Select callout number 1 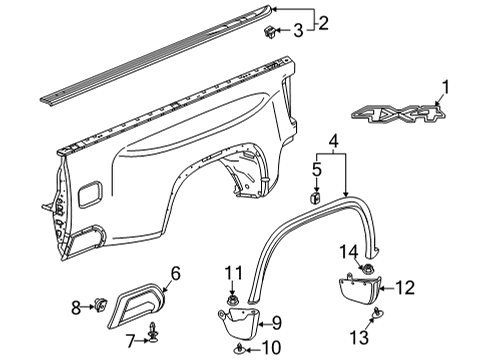[446, 88]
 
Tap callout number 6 [175, 272]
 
